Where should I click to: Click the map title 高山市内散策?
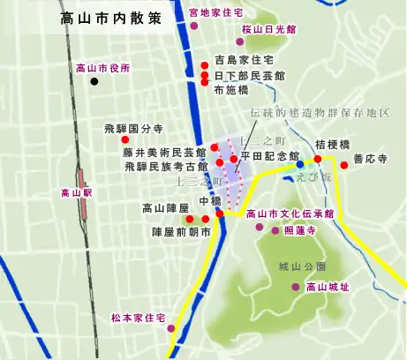tap(112, 19)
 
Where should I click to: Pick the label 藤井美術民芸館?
tap(165, 152)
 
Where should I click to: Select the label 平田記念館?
tap(270, 156)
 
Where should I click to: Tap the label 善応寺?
tap(370, 161)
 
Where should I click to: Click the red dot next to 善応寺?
tap(343, 165)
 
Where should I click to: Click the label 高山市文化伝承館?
tap(290, 213)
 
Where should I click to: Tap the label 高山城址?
tap(327, 287)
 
